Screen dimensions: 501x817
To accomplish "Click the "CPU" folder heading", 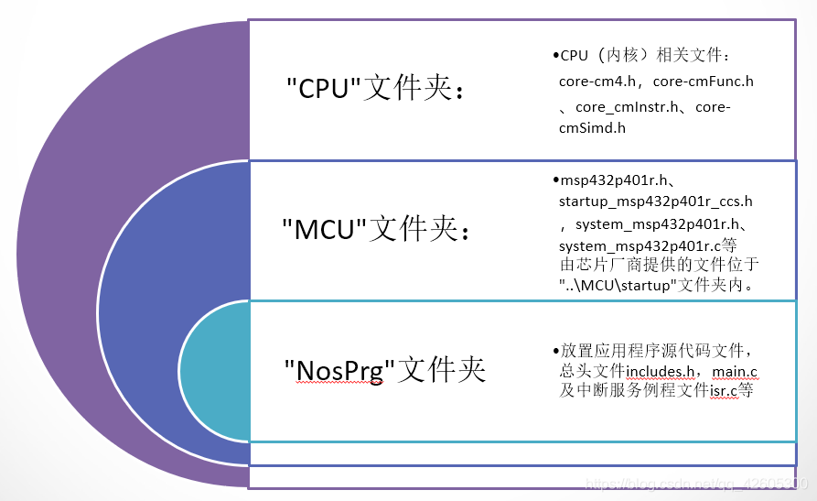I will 375,89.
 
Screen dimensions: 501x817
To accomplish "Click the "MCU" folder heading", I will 376,229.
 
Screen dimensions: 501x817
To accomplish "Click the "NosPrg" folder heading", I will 384,369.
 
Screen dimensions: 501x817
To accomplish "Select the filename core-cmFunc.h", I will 704,82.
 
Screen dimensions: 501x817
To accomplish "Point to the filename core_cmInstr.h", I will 628,106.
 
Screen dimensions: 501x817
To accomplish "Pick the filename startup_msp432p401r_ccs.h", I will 655,201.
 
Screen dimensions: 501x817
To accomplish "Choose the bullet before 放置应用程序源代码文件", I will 555,352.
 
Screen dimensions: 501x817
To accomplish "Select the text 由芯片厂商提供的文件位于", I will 659,265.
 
